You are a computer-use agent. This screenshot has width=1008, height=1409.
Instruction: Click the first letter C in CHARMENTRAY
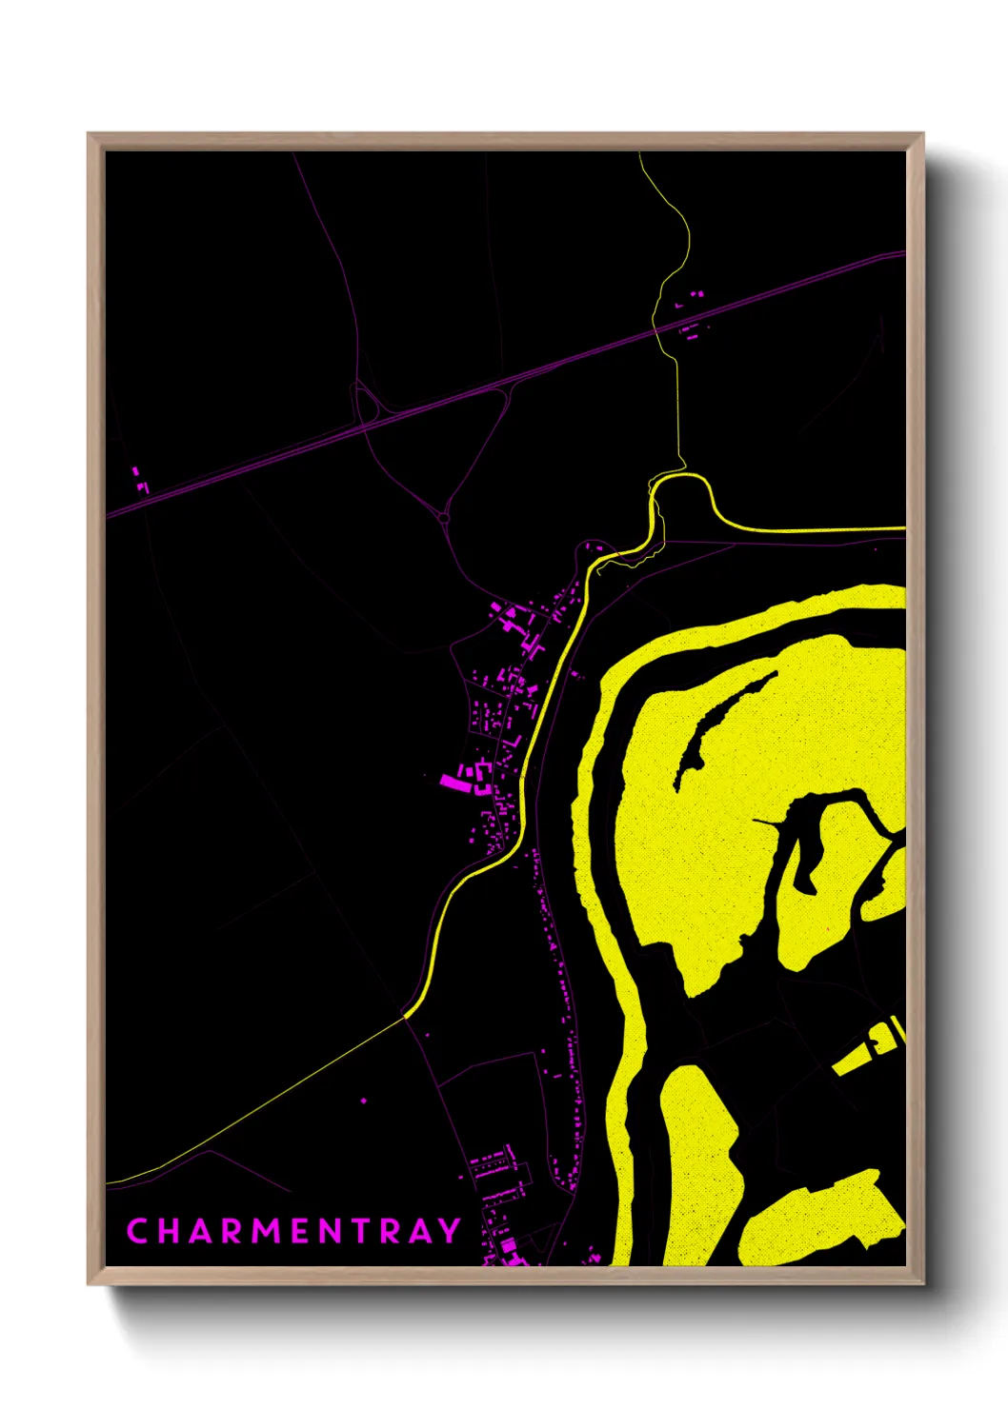tap(136, 1231)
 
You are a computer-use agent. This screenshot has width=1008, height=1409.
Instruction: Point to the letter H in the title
tap(167, 1231)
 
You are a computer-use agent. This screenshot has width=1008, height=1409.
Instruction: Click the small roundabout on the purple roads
tap(444, 518)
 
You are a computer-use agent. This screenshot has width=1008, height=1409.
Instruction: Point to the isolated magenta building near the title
tap(363, 1101)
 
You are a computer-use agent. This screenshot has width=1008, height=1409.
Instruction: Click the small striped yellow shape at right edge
tap(872, 1047)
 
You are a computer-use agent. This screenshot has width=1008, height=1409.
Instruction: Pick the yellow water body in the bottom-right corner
tap(819, 1219)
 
